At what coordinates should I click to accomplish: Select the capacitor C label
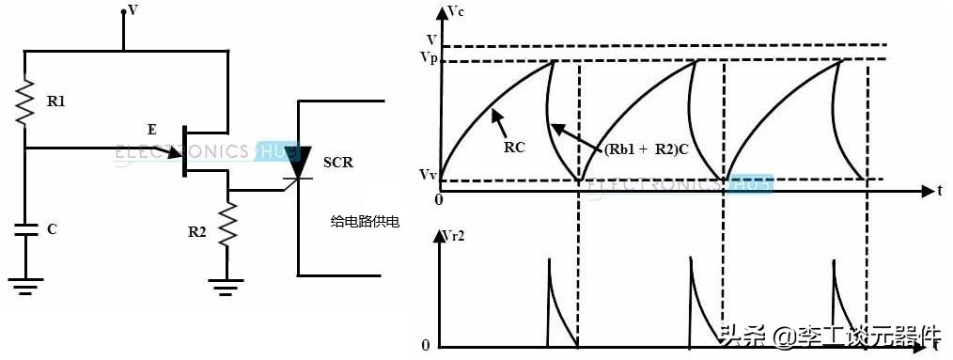point(51,228)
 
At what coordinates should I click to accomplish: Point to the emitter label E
point(152,128)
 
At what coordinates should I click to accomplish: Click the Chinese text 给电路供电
point(365,222)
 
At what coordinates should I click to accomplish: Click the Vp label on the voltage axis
point(429,58)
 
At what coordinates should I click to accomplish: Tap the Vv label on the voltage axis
point(429,175)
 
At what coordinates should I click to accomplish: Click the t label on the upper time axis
point(938,191)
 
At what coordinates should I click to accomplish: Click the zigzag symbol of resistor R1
point(25,101)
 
